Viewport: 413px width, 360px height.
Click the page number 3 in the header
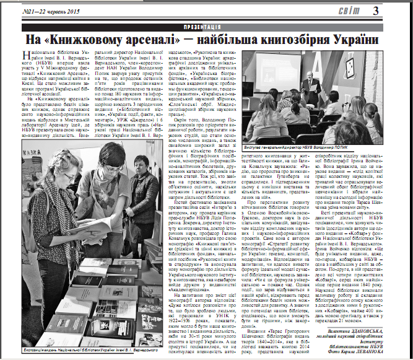(395, 11)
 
